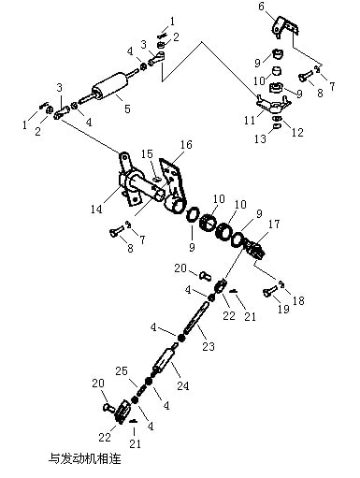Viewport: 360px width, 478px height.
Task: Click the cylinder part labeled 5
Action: click(109, 86)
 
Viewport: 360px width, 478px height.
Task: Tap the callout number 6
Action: click(262, 7)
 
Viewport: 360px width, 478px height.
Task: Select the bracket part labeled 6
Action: click(284, 27)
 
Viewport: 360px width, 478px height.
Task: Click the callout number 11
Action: click(250, 120)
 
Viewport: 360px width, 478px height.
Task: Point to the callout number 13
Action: click(260, 138)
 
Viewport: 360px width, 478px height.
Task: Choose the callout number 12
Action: click(297, 132)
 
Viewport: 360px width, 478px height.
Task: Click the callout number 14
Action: click(96, 209)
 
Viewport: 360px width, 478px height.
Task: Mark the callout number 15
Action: click(148, 153)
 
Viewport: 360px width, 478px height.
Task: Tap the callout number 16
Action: click(186, 144)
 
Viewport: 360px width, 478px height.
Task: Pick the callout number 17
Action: click(274, 224)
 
